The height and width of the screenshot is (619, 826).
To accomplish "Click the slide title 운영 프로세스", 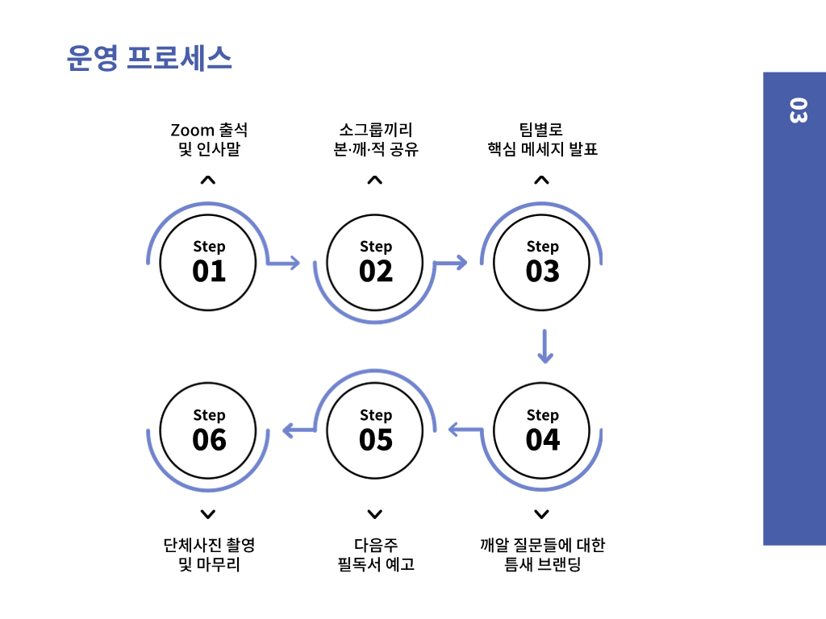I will [149, 58].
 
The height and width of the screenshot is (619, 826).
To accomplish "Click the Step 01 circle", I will [208, 262].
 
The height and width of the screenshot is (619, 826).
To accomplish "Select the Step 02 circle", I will [375, 262].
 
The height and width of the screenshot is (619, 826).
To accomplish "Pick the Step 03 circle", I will [542, 262].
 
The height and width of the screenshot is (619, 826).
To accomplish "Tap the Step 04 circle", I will [542, 430].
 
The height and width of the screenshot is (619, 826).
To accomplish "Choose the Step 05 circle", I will [375, 430].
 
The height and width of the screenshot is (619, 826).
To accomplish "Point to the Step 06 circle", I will [208, 430].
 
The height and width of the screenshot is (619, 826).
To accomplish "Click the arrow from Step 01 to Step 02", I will [284, 262].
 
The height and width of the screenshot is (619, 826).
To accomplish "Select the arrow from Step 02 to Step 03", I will [451, 262].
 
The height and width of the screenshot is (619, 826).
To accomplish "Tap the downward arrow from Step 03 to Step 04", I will [545, 346].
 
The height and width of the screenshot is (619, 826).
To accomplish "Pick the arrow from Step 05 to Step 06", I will [298, 430].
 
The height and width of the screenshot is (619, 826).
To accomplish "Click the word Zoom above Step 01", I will [192, 130].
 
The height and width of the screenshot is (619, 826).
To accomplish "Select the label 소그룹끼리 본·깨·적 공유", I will [375, 139].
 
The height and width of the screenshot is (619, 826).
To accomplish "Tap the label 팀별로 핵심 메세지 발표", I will [542, 139].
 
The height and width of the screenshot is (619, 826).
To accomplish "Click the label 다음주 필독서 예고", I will [375, 555].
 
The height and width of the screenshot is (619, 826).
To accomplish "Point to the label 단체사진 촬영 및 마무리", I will [208, 555].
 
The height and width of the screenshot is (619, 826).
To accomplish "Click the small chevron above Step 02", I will [374, 181].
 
